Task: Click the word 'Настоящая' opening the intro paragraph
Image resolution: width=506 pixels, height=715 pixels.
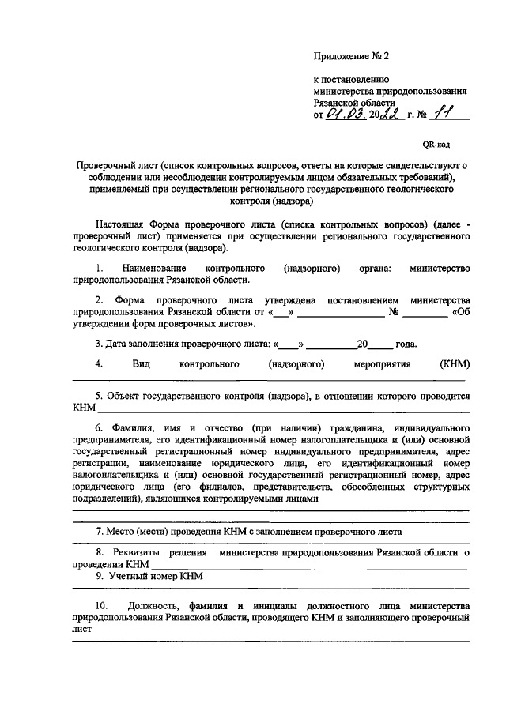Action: coord(122,225)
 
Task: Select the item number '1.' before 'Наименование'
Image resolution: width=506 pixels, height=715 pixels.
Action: coord(99,269)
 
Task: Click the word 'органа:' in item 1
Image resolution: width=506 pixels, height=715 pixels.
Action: coord(373,269)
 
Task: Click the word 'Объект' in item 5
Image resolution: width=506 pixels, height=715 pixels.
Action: coord(122,396)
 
